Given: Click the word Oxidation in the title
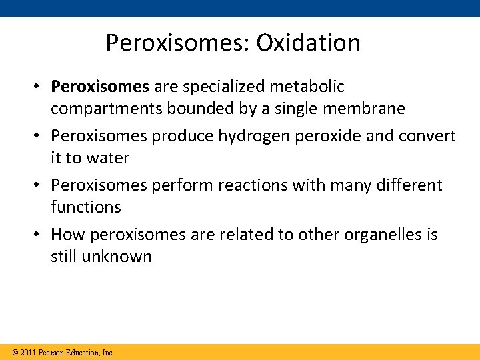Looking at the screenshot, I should [x=308, y=43].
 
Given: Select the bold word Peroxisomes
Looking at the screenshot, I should [x=100, y=87].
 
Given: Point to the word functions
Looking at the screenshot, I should [x=85, y=207].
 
